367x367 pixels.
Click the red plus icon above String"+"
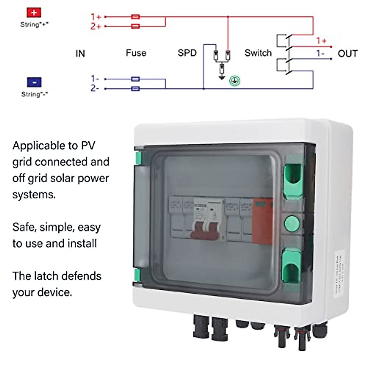[x=34, y=13]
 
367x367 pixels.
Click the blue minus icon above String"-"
[x=34, y=82]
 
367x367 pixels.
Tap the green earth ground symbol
[x=235, y=81]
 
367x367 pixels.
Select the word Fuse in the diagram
[x=136, y=53]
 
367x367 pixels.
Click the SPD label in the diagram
[x=187, y=53]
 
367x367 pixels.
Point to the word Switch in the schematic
[x=258, y=53]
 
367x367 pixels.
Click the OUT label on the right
[x=347, y=54]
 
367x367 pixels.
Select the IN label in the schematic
[x=80, y=54]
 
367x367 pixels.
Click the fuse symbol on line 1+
[x=135, y=17]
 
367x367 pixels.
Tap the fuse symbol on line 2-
[x=135, y=89]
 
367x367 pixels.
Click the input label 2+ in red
[x=95, y=26]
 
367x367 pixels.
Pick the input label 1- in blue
[x=95, y=79]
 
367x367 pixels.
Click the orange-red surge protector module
[x=262, y=220]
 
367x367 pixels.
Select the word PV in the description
[x=88, y=146]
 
